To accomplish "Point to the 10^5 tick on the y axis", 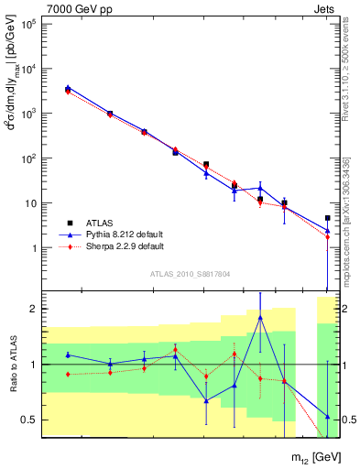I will [27, 25].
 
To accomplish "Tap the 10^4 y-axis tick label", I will [27, 70].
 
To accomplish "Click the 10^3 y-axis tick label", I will [27, 115].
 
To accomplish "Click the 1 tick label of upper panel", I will [32, 248].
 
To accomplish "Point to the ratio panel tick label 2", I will [32, 310].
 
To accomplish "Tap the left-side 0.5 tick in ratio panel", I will [29, 420].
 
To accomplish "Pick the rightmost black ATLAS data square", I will [327, 218].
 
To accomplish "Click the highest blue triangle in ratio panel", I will [261, 318].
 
